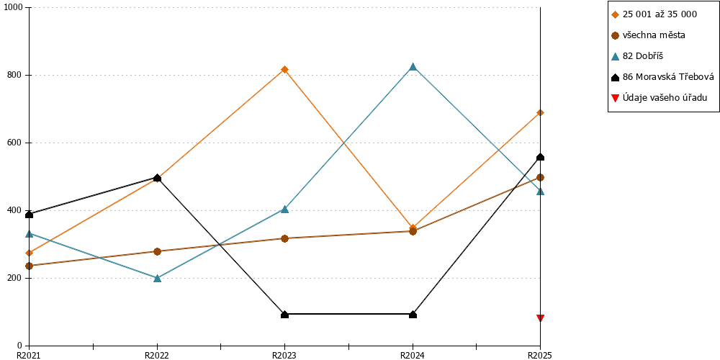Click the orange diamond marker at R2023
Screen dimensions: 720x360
(284, 69)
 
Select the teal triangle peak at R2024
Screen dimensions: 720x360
(413, 66)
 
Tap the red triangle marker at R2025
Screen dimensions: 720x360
(541, 318)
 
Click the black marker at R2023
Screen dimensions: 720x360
(284, 315)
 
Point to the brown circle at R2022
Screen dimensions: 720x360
(157, 251)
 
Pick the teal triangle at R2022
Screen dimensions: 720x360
(157, 278)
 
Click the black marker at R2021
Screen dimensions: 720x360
(30, 215)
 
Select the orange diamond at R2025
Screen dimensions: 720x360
(541, 112)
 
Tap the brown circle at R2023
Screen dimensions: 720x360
(284, 238)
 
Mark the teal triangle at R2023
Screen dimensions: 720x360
(284, 209)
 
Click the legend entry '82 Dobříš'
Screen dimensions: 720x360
(637, 56)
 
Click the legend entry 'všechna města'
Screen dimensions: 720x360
(649, 35)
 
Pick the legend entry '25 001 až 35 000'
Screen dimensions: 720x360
(654, 14)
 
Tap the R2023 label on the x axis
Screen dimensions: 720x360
(284, 355)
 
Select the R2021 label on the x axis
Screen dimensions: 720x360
(29, 355)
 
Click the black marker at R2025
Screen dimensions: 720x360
(541, 157)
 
